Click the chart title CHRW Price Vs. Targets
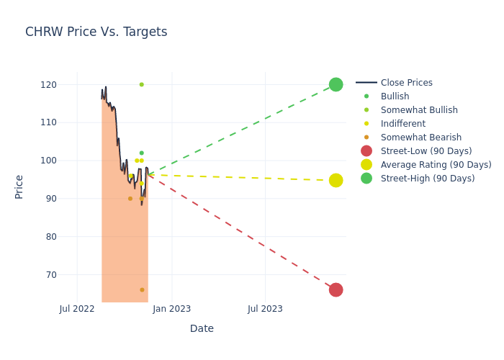(96, 32)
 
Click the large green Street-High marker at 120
(336, 84)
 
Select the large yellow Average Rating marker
(336, 180)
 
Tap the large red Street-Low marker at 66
(336, 289)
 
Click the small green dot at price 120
(141, 84)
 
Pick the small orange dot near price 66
(142, 289)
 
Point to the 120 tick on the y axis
(49, 85)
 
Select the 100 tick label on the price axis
(49, 161)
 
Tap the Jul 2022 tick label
(77, 309)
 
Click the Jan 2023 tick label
(171, 309)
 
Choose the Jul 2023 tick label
(265, 309)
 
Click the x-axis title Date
(202, 328)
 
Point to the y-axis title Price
(19, 186)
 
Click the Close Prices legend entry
(406, 83)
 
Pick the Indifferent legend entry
(402, 124)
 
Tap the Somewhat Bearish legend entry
(420, 138)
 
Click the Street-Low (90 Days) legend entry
(426, 151)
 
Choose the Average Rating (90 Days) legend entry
(436, 165)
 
